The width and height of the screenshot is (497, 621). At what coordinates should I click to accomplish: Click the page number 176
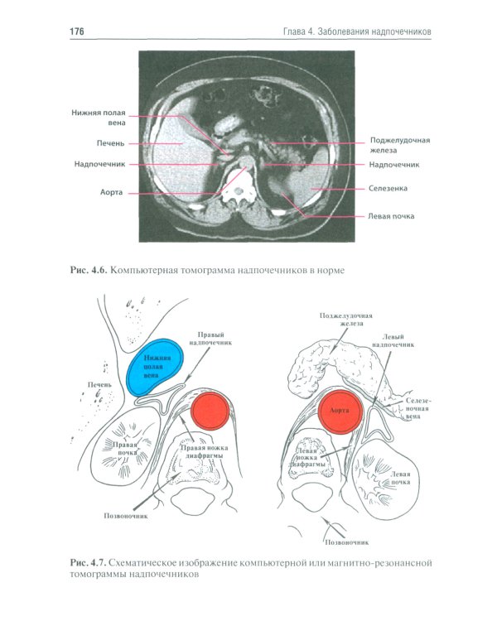[x=77, y=31]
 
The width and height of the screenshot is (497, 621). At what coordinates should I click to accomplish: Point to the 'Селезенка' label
[x=388, y=189]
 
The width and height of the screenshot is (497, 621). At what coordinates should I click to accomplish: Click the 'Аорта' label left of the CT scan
[x=112, y=192]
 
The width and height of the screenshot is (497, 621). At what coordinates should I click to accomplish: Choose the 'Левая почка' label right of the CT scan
[x=391, y=217]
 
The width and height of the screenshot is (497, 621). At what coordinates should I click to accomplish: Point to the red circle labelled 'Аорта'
[x=338, y=410]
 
